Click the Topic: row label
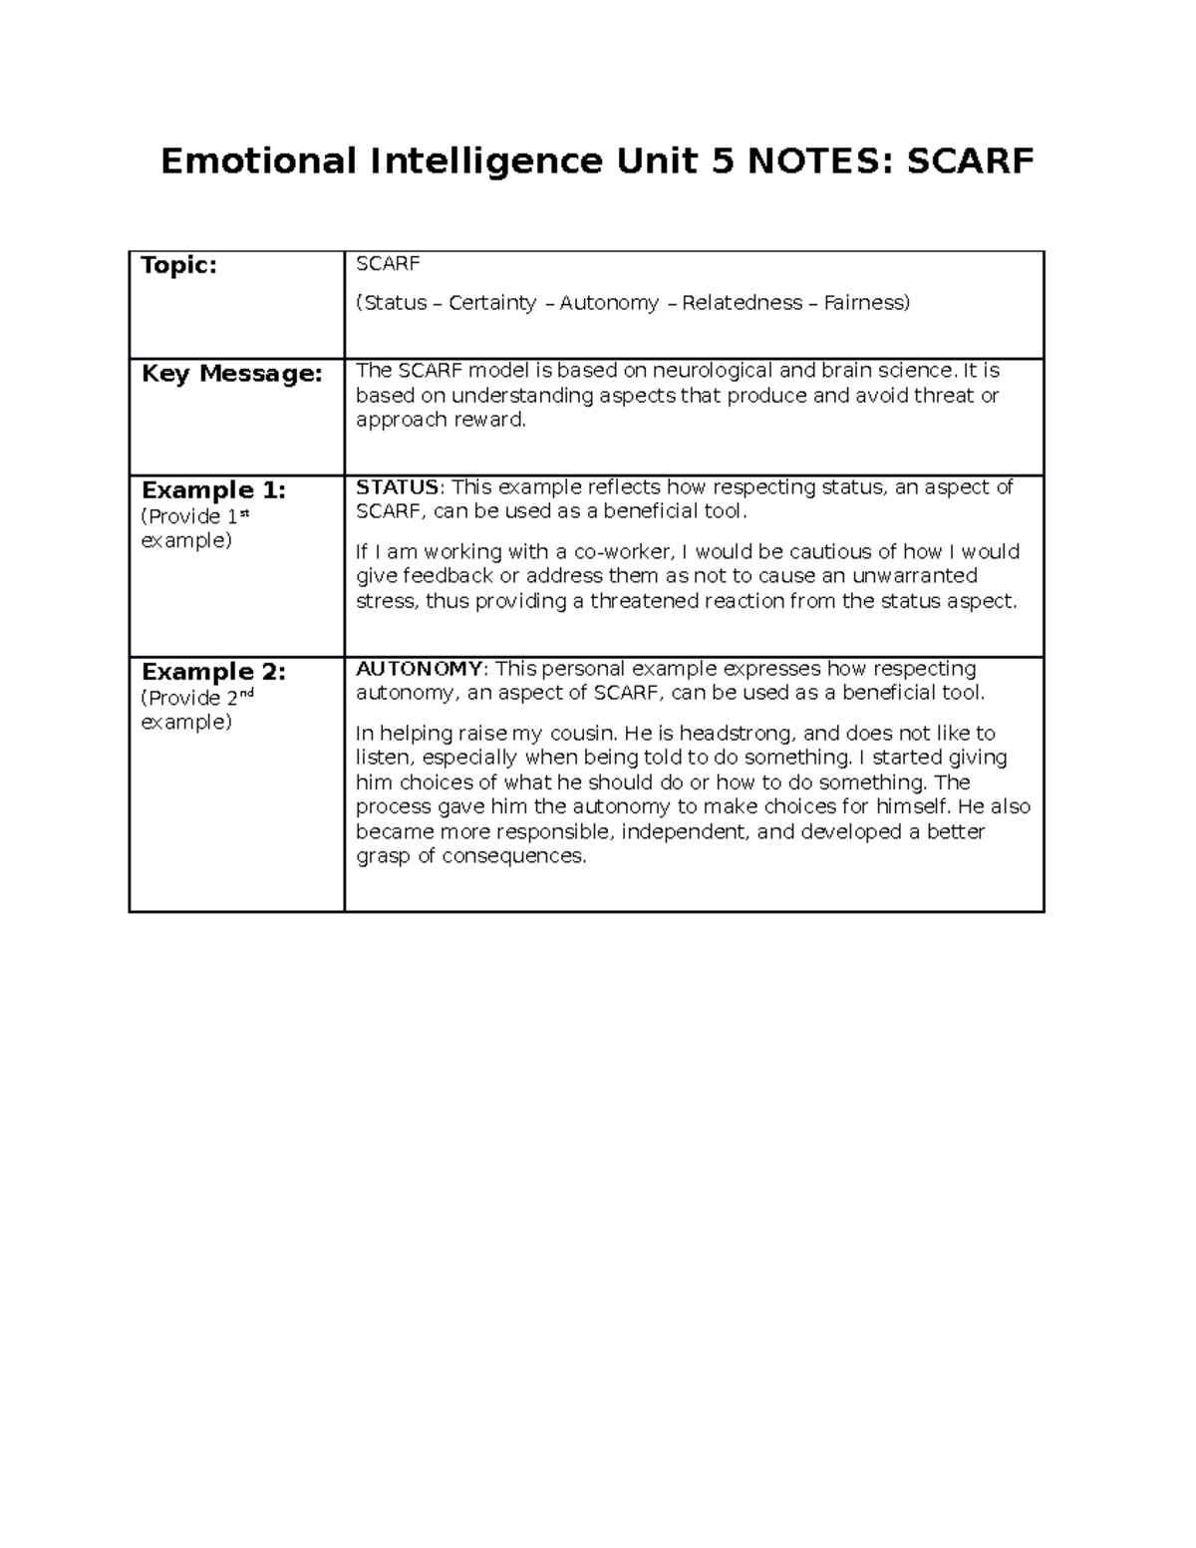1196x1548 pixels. pyautogui.click(x=179, y=266)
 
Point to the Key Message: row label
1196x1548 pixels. pyautogui.click(x=232, y=374)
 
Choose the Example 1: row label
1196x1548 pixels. pyautogui.click(x=213, y=490)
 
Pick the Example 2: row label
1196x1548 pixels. pyautogui.click(x=213, y=672)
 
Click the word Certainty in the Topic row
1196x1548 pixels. pyautogui.click(x=492, y=303)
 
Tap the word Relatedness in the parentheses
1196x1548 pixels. pyautogui.click(x=742, y=303)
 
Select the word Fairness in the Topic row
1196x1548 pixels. pyautogui.click(x=865, y=303)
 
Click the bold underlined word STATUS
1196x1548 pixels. pyautogui.click(x=397, y=487)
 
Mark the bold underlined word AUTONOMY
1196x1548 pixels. pyautogui.click(x=419, y=669)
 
